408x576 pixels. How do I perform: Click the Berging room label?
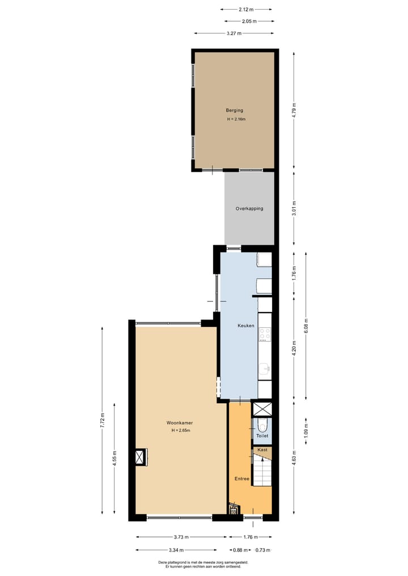pyautogui.click(x=234, y=110)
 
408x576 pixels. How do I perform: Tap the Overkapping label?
pyautogui.click(x=249, y=208)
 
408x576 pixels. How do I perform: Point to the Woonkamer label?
pyautogui.click(x=180, y=423)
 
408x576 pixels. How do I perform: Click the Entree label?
pyautogui.click(x=242, y=479)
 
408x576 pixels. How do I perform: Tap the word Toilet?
pyautogui.click(x=262, y=436)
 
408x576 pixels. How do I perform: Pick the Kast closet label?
pyautogui.click(x=262, y=450)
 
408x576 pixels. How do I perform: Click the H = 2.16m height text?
pyautogui.click(x=236, y=120)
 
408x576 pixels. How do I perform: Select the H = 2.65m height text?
pyautogui.click(x=181, y=430)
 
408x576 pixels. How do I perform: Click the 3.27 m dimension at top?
pyautogui.click(x=234, y=33)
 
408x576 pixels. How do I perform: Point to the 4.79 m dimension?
pyautogui.click(x=294, y=110)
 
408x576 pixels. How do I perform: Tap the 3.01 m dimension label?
pyautogui.click(x=294, y=209)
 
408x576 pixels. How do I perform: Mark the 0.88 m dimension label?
pyautogui.click(x=239, y=550)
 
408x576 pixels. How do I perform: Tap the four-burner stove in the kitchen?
pyautogui.click(x=265, y=335)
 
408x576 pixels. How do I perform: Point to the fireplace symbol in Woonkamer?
pyautogui.click(x=139, y=457)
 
